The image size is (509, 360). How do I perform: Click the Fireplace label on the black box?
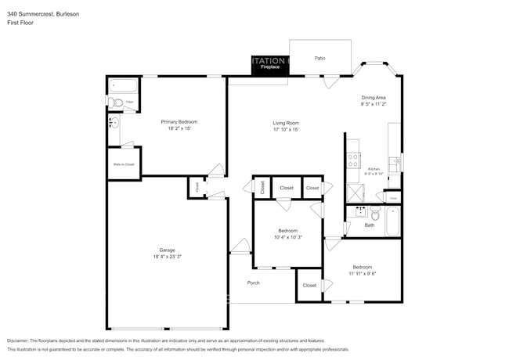click(x=270, y=68)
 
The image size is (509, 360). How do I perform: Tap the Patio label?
click(x=319, y=58)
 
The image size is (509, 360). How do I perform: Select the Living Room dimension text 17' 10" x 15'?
click(x=286, y=129)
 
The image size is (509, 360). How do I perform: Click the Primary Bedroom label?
click(x=179, y=121)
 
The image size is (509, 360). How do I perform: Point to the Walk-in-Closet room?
click(x=124, y=164)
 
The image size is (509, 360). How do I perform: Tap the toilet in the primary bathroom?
click(x=117, y=102)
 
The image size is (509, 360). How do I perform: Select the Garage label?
click(x=167, y=250)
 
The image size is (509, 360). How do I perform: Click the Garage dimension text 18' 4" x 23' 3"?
click(x=167, y=256)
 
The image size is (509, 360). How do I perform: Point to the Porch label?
click(x=253, y=283)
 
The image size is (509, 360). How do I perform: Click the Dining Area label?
click(x=373, y=96)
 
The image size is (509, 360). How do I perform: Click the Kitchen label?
click(x=374, y=168)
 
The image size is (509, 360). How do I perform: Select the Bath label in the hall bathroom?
click(x=369, y=225)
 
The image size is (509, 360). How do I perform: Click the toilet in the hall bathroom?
click(x=375, y=214)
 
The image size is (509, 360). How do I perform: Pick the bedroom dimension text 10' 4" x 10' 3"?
click(x=287, y=237)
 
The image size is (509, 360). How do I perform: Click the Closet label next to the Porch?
click(x=309, y=286)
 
